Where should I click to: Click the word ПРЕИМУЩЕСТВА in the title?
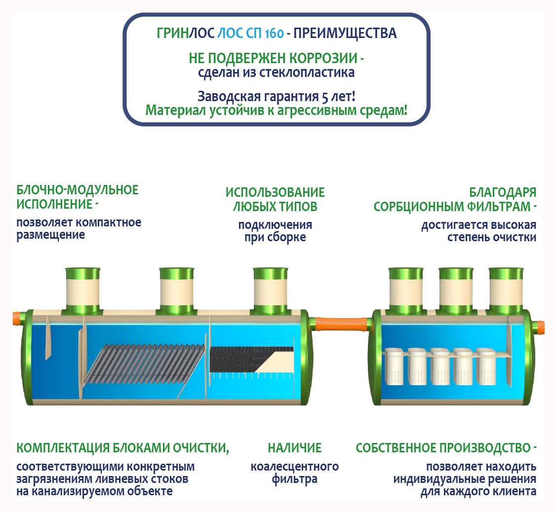346,34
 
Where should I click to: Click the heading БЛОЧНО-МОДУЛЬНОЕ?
78,190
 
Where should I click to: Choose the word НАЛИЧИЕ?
295,448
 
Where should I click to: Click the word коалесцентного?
295,466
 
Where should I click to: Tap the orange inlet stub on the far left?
18,318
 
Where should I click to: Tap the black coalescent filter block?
242,359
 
